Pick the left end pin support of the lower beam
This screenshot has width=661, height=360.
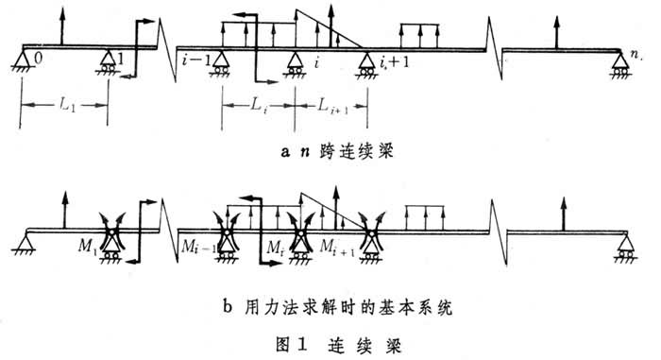(x=22, y=247)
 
